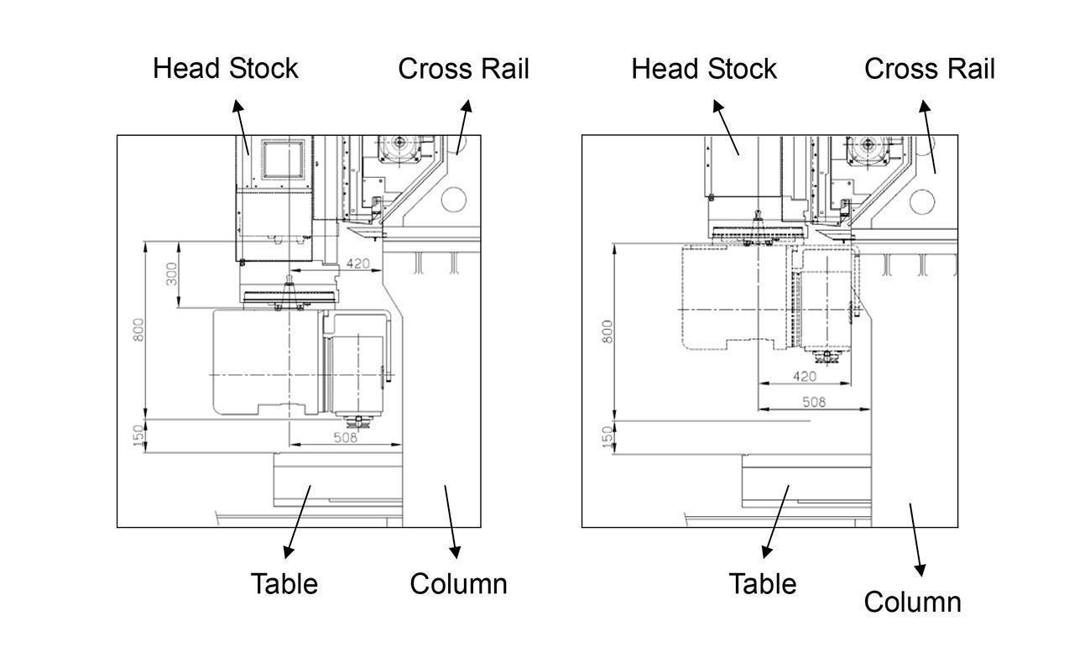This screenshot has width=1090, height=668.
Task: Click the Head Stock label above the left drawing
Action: (x=225, y=69)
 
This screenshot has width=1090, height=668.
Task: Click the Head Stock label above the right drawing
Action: (x=704, y=69)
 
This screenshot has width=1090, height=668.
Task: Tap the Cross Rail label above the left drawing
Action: (x=463, y=69)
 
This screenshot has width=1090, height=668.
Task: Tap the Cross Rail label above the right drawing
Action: (x=930, y=69)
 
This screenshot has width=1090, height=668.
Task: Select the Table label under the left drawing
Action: (x=284, y=583)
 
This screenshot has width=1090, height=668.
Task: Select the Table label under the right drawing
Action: (x=762, y=583)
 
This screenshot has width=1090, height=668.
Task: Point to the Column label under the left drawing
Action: (x=458, y=583)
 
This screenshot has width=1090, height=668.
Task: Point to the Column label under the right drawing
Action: (x=912, y=602)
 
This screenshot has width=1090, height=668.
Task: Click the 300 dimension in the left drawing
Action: (x=171, y=274)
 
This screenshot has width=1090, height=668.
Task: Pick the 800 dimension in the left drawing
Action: (x=138, y=329)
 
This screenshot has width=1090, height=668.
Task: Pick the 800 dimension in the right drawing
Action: (x=607, y=330)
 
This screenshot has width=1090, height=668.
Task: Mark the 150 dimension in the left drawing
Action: (x=138, y=436)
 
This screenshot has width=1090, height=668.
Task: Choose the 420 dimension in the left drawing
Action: (x=358, y=264)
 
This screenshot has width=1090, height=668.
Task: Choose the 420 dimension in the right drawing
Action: (x=804, y=377)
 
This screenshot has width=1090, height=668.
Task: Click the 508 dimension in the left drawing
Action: (x=346, y=437)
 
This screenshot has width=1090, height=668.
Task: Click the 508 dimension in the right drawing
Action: (x=814, y=402)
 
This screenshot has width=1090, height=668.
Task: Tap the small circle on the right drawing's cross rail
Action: (x=922, y=201)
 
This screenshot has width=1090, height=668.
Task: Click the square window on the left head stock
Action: (x=276, y=159)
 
